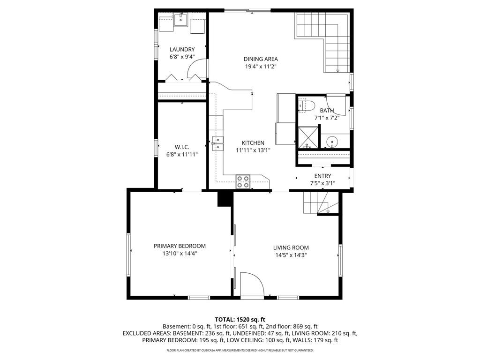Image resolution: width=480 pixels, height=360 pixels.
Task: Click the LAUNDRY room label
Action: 182,49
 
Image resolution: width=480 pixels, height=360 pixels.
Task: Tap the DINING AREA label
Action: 261,59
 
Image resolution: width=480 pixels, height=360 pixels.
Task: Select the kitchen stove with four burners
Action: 243,181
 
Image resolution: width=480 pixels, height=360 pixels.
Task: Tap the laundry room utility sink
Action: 181,20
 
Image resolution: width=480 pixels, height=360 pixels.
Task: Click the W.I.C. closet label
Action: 182,147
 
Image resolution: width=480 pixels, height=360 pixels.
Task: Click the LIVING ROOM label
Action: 291,248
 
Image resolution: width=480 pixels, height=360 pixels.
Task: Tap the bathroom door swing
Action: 336,104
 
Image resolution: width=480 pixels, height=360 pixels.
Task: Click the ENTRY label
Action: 322,176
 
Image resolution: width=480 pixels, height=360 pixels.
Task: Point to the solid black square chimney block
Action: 225,199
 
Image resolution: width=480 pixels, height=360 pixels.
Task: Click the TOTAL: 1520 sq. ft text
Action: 240,319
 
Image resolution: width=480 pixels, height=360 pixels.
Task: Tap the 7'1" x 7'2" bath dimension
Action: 327,118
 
